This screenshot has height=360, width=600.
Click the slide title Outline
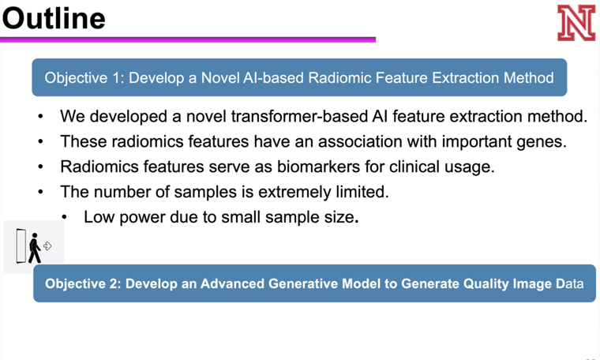pyautogui.click(x=53, y=17)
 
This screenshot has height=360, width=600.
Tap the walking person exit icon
pyautogui.click(x=34, y=247)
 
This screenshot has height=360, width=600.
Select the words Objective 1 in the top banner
pyautogui.click(x=83, y=78)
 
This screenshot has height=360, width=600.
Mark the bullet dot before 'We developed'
pyautogui.click(x=40, y=118)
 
